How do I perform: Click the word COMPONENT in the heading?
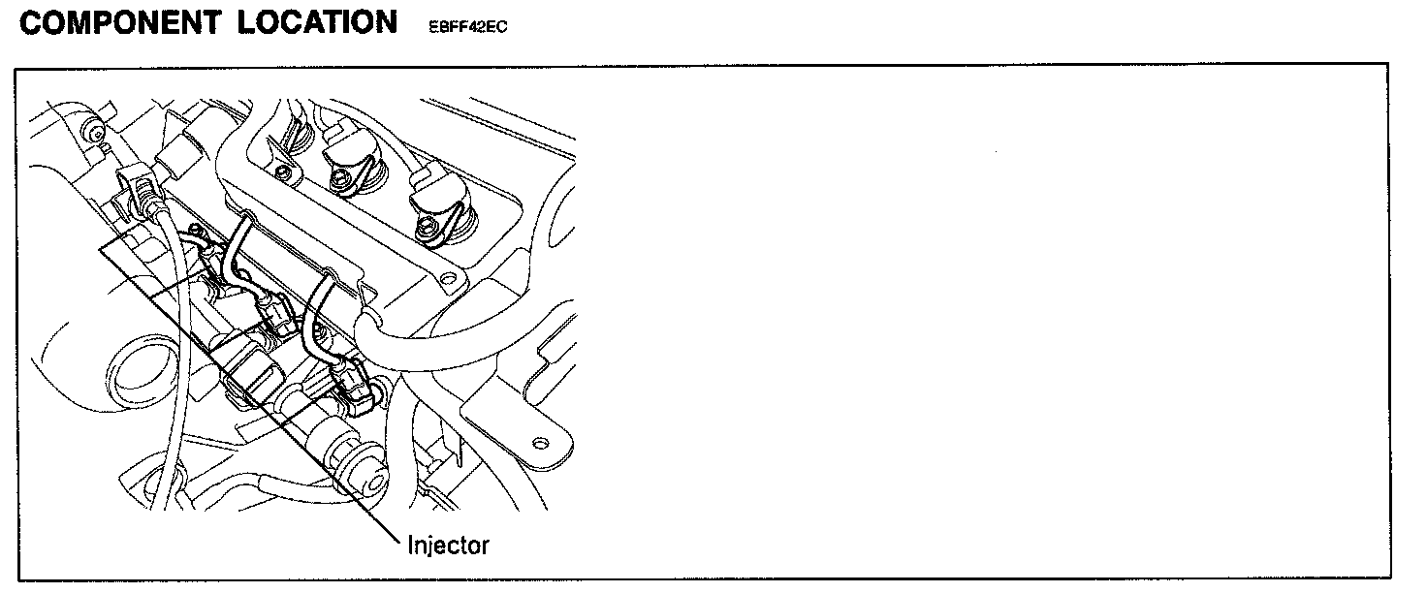point(120,21)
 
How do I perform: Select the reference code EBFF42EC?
point(469,27)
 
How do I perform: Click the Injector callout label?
point(448,545)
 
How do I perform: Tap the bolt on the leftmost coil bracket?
point(282,172)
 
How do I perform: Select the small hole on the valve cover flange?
point(446,280)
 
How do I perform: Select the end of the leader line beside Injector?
point(399,538)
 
